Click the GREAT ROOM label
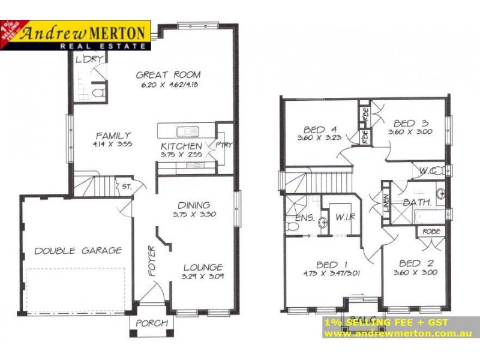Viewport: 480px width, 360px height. point(168,75)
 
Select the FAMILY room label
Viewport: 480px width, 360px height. point(113,136)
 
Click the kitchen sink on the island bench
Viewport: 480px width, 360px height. point(187,131)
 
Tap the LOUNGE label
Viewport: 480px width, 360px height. point(203,267)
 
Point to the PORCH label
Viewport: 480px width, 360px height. point(152,323)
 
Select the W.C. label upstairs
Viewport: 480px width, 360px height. point(428,170)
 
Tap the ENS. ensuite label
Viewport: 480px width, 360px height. point(305,218)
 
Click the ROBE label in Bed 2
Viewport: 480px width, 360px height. point(431,231)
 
